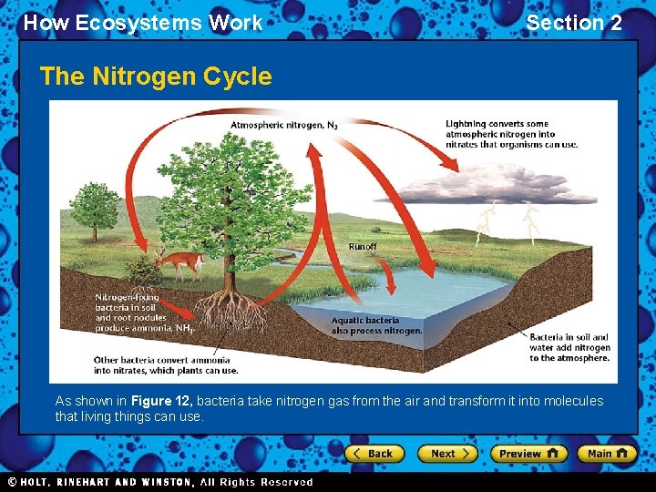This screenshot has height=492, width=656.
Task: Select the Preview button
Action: pos(528,453)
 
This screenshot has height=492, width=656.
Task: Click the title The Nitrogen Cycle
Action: pos(156,77)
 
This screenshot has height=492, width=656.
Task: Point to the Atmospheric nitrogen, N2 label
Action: pos(283,125)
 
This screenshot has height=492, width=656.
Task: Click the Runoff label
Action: pos(362,246)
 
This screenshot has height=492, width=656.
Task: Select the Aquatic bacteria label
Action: pos(376,325)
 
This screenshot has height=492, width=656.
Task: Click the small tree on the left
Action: pos(95,210)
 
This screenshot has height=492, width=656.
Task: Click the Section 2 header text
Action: pos(573,23)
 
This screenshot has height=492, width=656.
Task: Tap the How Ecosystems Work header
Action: pos(143,23)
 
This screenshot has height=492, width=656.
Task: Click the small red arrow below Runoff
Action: pos(387,273)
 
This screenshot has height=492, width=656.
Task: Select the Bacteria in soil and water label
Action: pos(569,347)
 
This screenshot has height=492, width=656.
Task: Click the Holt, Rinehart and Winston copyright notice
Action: pos(160,482)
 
